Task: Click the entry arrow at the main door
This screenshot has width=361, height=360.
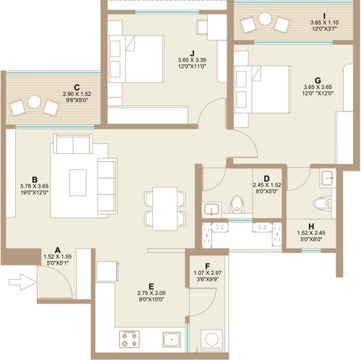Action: coord(24,281)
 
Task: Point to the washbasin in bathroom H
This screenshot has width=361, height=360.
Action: coord(327,176)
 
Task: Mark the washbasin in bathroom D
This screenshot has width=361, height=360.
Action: coord(211,210)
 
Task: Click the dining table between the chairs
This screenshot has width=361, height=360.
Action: coord(165,206)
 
